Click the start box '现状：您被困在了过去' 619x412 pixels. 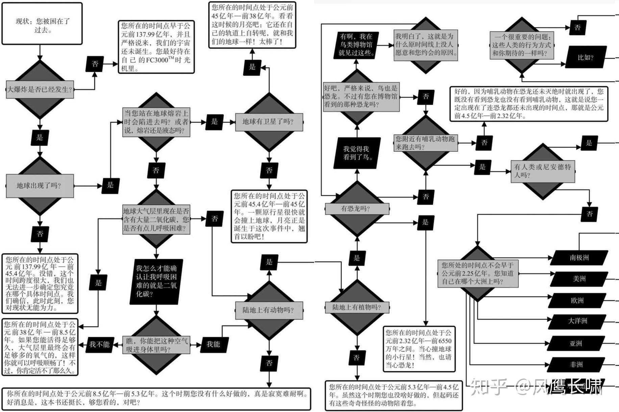[x=42, y=24]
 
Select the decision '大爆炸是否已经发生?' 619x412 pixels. [x=40, y=90]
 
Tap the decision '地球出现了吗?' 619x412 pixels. [x=40, y=186]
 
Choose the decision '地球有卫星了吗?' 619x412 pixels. [x=269, y=122]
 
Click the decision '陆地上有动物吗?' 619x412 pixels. [x=269, y=310]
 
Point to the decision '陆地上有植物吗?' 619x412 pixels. [x=357, y=307]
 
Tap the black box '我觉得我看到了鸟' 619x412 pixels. [x=357, y=153]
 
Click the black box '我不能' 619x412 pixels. [x=99, y=344]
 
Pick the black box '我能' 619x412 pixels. [x=213, y=344]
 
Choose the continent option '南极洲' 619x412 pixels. [x=579, y=258]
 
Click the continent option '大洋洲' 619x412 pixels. [x=577, y=321]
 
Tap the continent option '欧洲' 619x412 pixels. [x=577, y=300]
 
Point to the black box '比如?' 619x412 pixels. [x=585, y=57]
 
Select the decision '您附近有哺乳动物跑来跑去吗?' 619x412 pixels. [x=425, y=143]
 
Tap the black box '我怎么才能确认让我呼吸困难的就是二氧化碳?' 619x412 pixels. [x=156, y=281]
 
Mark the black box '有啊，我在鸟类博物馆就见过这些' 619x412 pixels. [x=357, y=45]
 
